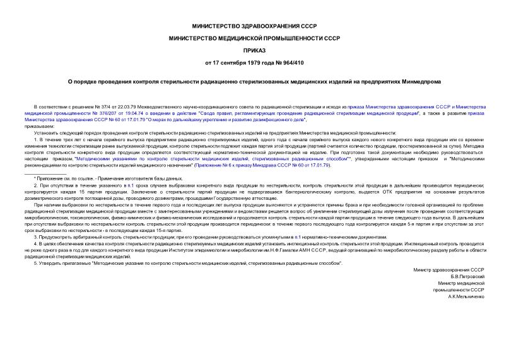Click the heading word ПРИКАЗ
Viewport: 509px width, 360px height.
254,50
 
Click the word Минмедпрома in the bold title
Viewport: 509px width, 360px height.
431,82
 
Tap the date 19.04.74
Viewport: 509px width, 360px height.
136,113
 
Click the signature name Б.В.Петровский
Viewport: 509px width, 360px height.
464,276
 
